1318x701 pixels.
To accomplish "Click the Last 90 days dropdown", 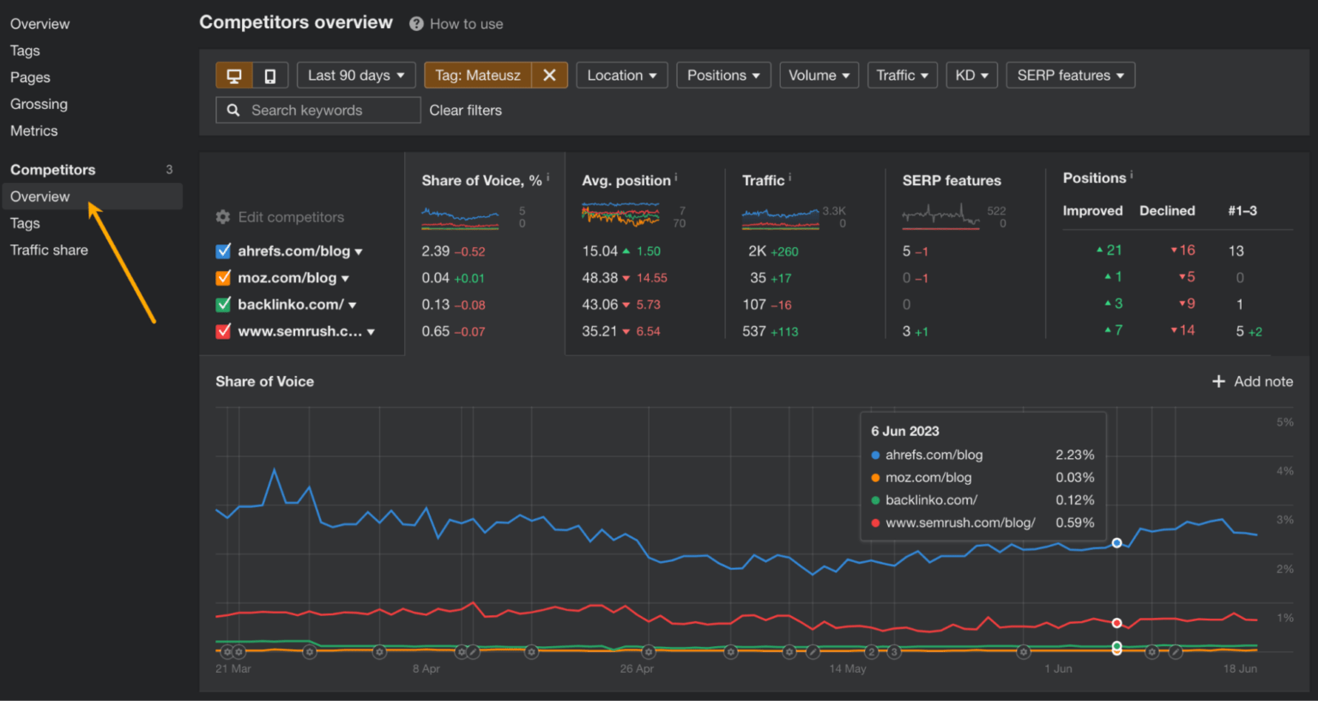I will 356,76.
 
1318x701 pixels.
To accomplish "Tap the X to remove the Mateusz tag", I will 549,76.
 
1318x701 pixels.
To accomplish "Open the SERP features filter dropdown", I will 1070,76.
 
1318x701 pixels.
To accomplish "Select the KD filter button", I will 971,76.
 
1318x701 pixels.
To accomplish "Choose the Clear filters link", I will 465,111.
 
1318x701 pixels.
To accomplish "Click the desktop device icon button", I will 233,76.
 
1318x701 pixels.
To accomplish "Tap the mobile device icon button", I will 269,76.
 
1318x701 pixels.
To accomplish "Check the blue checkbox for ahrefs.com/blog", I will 223,251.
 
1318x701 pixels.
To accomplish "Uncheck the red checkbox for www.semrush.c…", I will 223,331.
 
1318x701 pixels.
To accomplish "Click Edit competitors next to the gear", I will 290,217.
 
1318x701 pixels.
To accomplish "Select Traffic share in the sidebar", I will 49,250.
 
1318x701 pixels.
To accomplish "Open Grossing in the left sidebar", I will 39,104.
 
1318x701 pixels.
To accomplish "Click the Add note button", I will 1252,382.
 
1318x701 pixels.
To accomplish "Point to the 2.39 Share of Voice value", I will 435,251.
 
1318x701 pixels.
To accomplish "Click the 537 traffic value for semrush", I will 753,331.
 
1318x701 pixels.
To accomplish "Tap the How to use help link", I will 466,24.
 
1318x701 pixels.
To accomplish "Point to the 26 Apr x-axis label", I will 637,668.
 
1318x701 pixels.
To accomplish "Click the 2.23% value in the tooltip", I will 1074,455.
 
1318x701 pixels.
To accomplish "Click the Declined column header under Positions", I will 1166,211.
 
